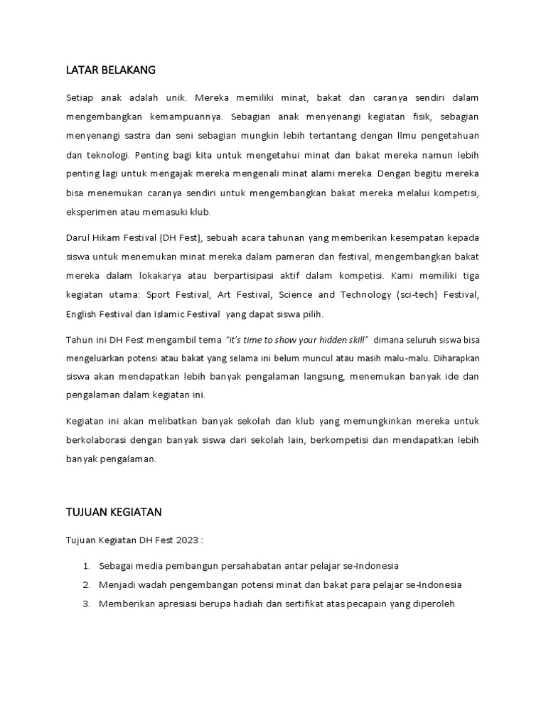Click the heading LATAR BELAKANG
110,70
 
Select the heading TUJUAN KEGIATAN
114,511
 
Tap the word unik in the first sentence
173,96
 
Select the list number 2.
85,584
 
